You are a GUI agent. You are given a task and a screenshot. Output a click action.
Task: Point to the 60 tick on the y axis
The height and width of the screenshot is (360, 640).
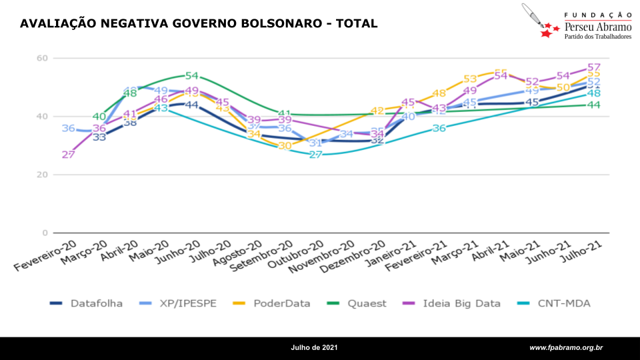(x=42, y=58)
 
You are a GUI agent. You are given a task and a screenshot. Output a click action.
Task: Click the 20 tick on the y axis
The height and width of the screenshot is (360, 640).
(x=42, y=175)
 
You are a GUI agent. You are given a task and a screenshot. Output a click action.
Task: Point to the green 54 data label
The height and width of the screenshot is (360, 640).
(x=192, y=76)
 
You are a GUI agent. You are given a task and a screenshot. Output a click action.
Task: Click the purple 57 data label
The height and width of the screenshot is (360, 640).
(x=594, y=68)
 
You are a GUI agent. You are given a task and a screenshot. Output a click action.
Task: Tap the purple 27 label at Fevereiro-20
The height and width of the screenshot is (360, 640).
(x=68, y=155)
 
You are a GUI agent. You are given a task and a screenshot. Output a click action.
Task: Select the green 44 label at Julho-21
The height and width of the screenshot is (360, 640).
(x=594, y=105)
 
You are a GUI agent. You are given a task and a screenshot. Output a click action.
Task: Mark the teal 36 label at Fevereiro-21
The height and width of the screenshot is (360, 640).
(x=439, y=128)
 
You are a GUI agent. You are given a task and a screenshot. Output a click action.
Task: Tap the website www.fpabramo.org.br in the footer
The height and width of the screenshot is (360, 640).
(x=566, y=348)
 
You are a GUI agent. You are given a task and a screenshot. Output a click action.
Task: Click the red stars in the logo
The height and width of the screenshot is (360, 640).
(x=549, y=30)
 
